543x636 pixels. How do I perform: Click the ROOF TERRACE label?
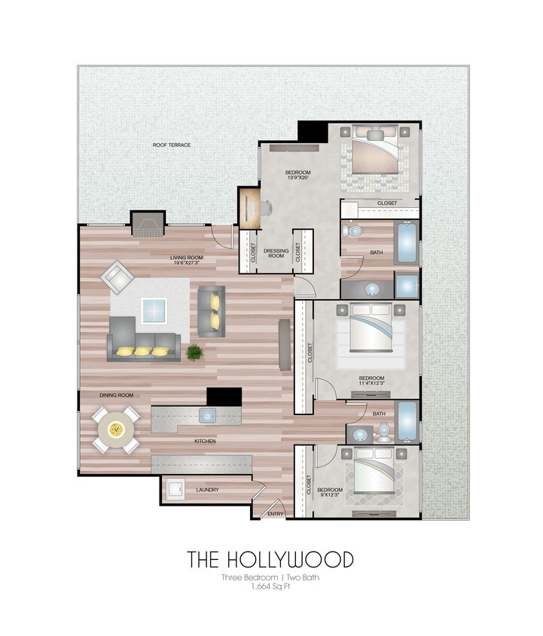[172, 145]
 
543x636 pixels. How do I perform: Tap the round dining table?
[116, 430]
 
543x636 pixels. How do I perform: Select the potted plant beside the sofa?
[194, 351]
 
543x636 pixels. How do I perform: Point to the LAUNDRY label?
[207, 490]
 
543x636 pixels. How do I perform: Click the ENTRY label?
[275, 515]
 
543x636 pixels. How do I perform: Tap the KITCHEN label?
[204, 441]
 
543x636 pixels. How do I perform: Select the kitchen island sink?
[207, 414]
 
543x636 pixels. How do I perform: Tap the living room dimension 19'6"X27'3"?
[185, 262]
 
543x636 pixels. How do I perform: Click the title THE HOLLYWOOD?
[270, 560]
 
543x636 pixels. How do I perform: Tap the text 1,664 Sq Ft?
[270, 587]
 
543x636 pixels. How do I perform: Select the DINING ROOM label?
[116, 395]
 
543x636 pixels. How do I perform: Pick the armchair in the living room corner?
[117, 277]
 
